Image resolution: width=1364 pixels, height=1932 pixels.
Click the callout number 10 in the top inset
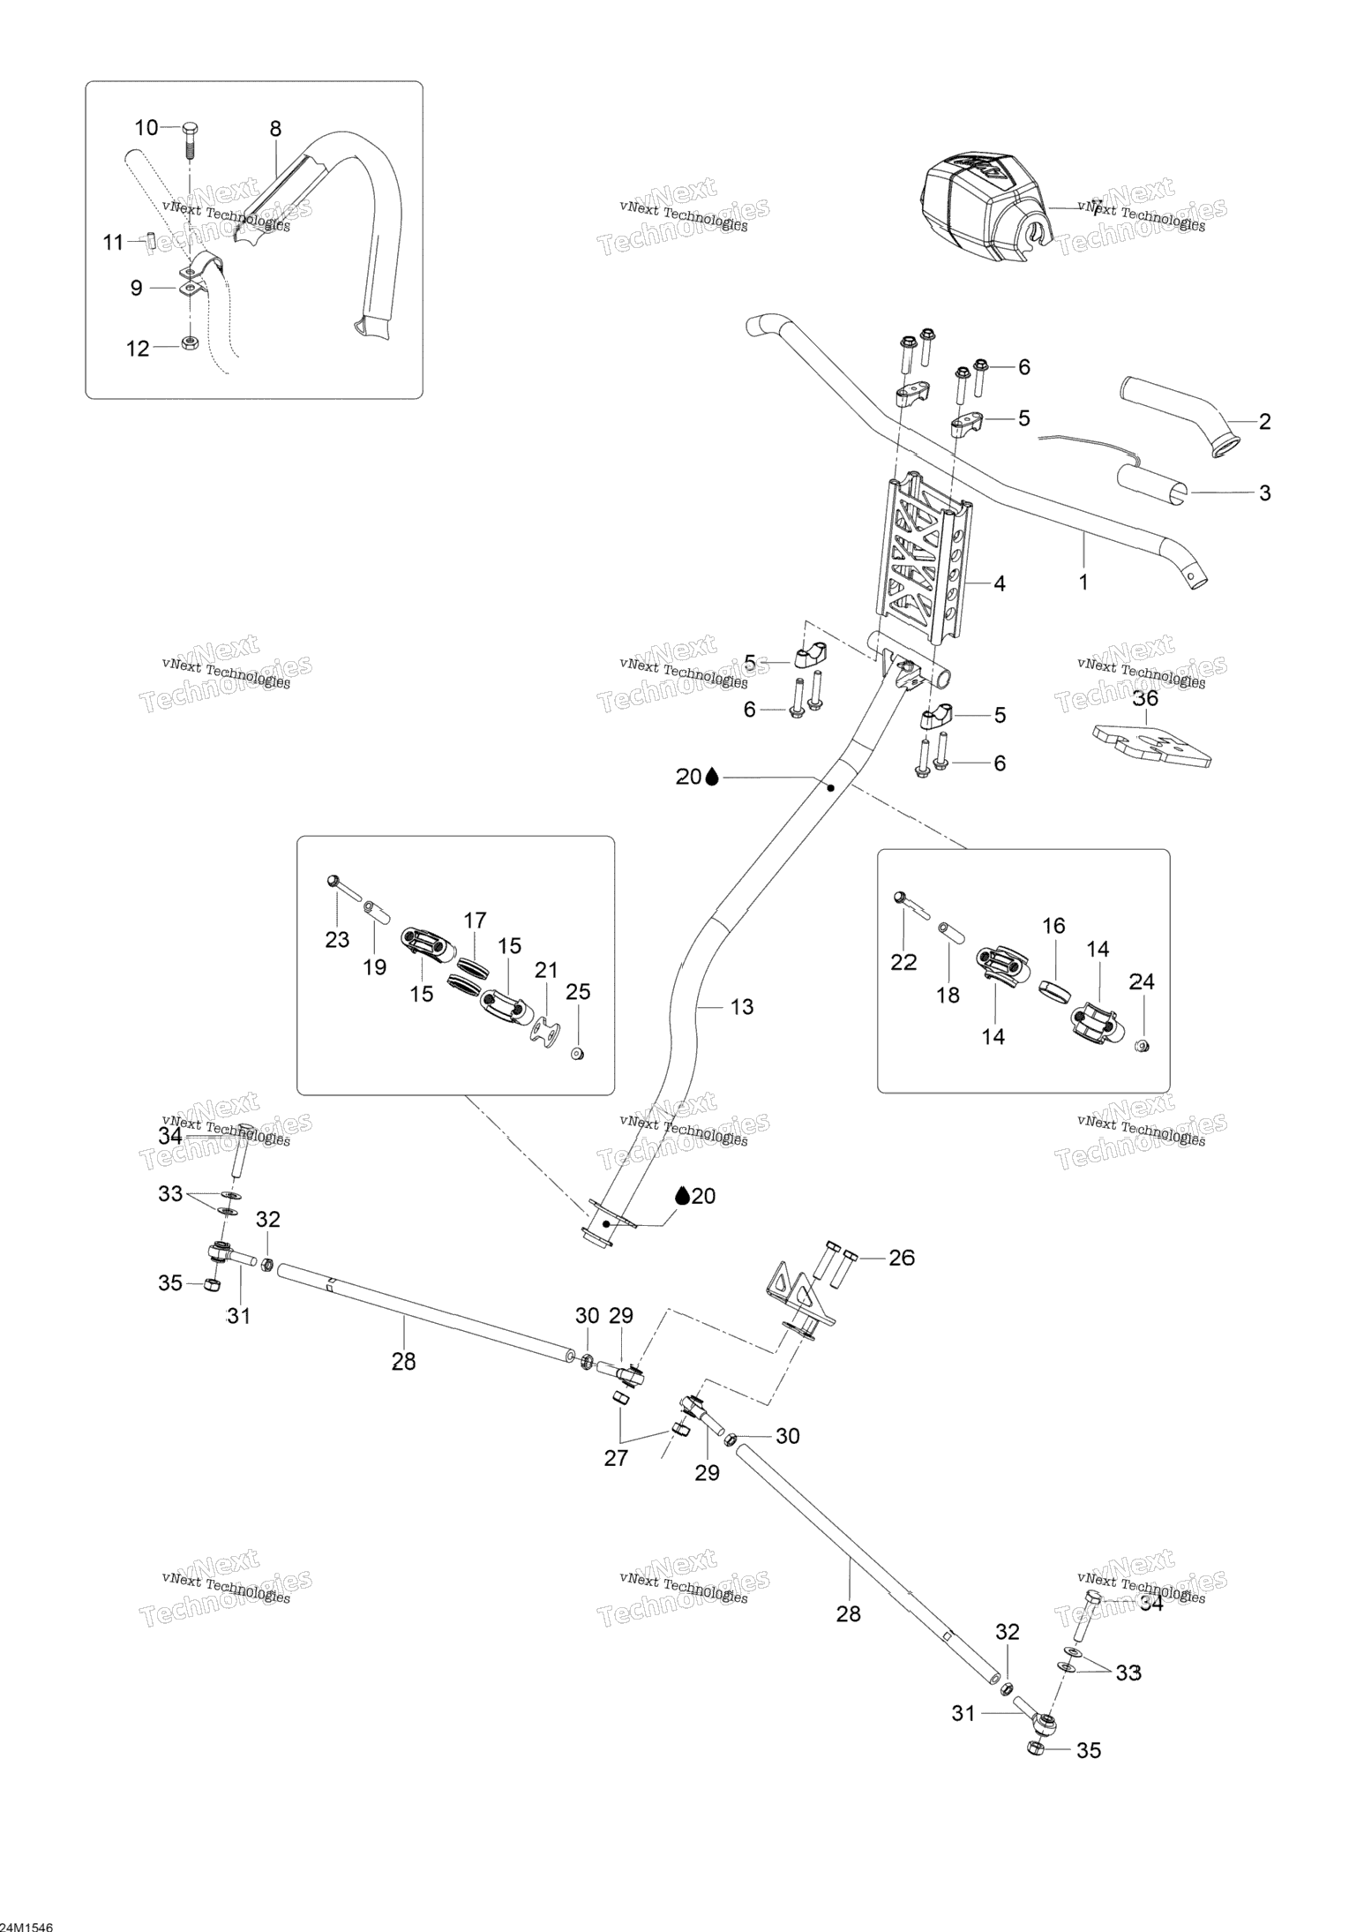[146, 128]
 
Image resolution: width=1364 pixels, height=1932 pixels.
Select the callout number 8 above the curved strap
[275, 129]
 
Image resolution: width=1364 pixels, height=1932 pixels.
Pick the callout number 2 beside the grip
[1264, 422]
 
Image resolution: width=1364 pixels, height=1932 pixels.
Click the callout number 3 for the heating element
[1264, 492]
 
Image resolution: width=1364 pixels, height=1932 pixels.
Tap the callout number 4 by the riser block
[999, 583]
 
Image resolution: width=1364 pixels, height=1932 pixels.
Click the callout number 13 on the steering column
[742, 1006]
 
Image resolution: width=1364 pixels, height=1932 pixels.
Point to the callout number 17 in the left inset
[475, 921]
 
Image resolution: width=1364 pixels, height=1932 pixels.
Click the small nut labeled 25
[577, 1053]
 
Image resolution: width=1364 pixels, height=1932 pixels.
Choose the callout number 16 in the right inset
[1053, 926]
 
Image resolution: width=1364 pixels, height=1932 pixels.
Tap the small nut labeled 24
[1141, 1046]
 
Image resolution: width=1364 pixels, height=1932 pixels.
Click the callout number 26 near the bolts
[902, 1258]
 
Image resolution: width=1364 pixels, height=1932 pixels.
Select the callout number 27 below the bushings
[616, 1457]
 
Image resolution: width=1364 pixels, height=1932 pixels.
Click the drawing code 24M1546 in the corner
[26, 1921]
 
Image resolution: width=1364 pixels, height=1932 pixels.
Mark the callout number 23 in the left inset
[337, 940]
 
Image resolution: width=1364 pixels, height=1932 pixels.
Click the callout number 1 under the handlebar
[1083, 583]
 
